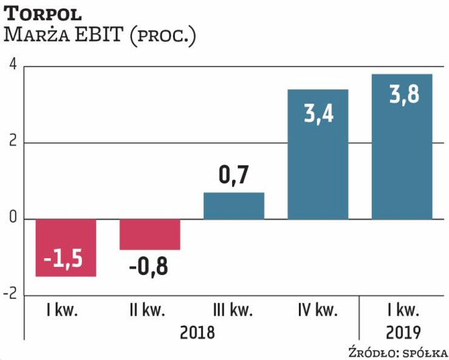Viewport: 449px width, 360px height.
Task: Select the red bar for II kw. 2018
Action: tap(150, 234)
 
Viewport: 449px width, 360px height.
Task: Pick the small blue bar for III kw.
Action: tap(234, 206)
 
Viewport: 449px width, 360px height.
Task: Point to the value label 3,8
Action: tap(402, 96)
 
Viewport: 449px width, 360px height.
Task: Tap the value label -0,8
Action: tap(149, 267)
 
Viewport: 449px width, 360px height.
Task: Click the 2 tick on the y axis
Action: tap(11, 143)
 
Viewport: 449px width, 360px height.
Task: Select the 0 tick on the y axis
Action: tap(11, 219)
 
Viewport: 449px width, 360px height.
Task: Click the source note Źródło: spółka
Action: tap(398, 352)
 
